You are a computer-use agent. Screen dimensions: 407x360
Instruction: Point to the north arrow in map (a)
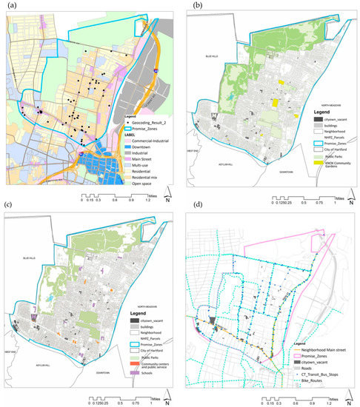coord(168,198)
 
